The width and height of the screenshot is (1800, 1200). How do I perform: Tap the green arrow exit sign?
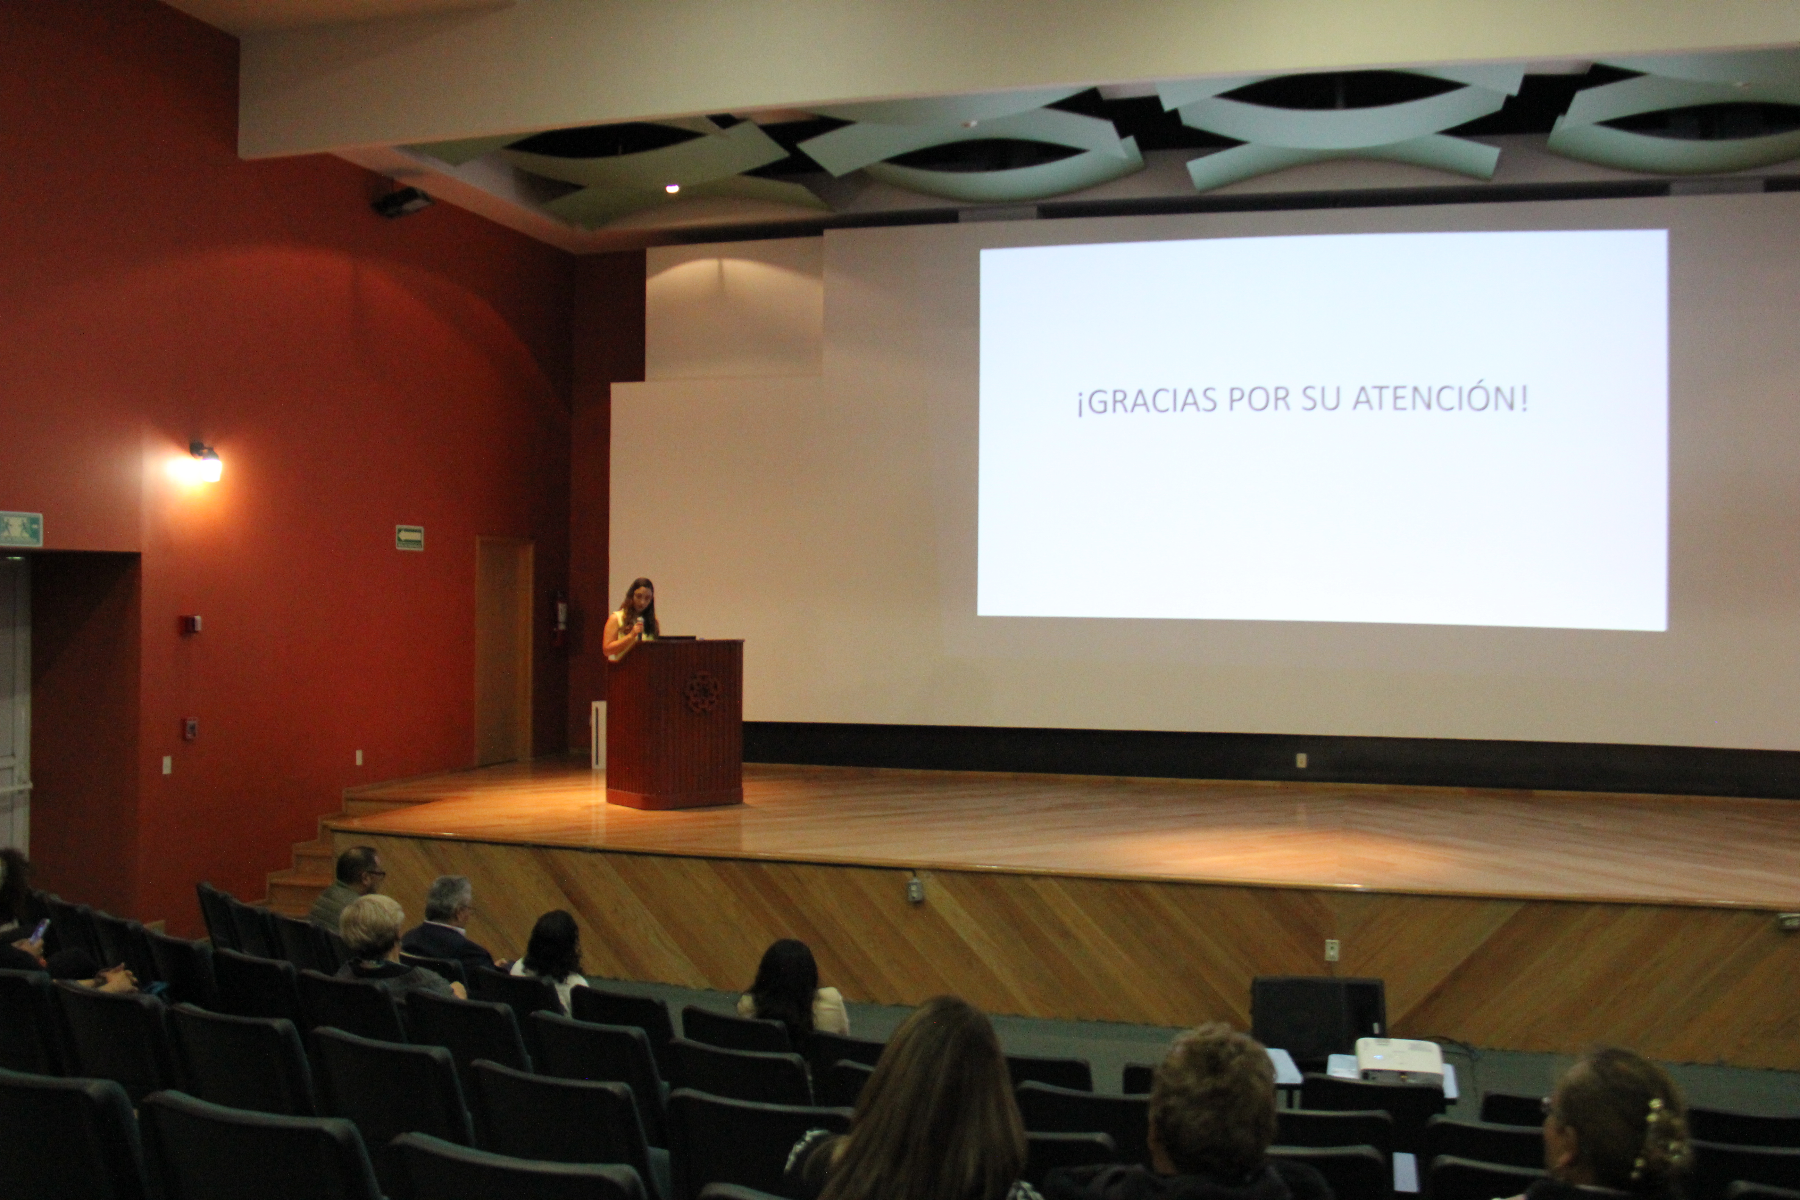[x=409, y=537]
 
